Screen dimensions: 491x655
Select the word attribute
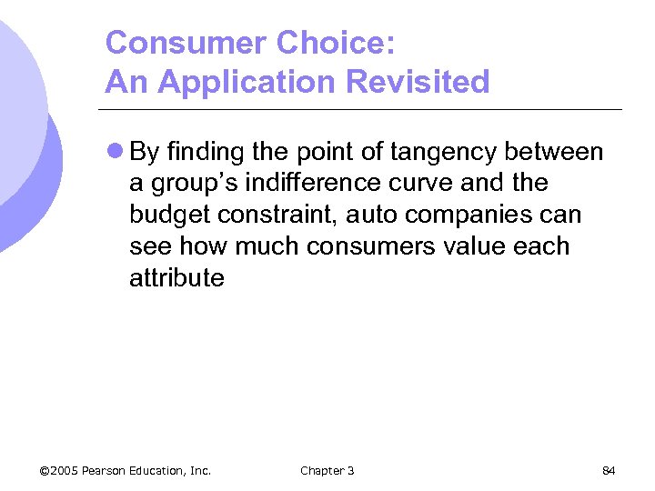pyautogui.click(x=176, y=277)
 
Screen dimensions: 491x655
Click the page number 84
pyautogui.click(x=610, y=470)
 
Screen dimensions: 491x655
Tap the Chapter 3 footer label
pyautogui.click(x=327, y=470)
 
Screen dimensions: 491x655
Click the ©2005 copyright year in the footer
pyautogui.click(x=58, y=470)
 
